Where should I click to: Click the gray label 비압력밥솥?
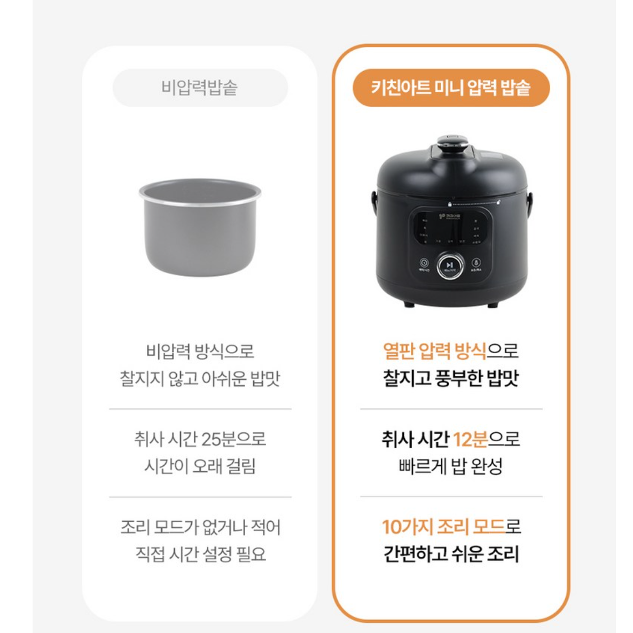click(x=200, y=87)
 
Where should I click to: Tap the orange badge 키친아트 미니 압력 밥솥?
click(x=451, y=87)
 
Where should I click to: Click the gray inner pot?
click(x=200, y=235)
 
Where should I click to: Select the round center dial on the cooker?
click(x=450, y=265)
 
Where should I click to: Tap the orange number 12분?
click(x=470, y=439)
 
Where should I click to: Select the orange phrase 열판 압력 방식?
click(x=434, y=351)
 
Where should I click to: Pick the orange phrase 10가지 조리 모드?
click(x=443, y=527)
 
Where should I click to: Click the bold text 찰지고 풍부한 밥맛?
click(x=451, y=378)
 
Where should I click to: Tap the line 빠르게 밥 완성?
click(x=451, y=466)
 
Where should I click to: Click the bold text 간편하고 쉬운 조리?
click(x=451, y=554)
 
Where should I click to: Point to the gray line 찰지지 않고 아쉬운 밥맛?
click(x=200, y=378)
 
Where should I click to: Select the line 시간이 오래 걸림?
click(x=200, y=466)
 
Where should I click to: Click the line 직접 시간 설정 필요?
click(x=200, y=554)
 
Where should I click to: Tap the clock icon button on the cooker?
click(x=424, y=263)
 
